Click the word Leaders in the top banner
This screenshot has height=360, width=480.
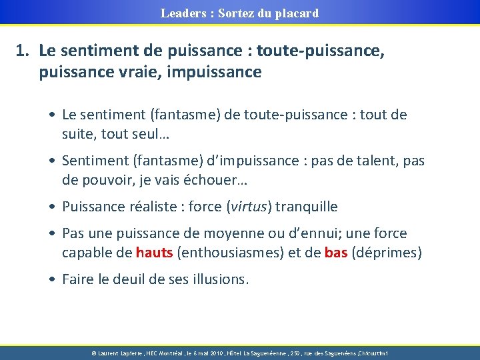[x=182, y=13]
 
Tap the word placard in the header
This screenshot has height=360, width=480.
[x=297, y=13]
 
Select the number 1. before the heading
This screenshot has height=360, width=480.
[x=24, y=49]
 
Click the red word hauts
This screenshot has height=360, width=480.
[x=155, y=253]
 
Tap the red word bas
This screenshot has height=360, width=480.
[x=336, y=253]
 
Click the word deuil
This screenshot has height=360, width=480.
[x=130, y=279]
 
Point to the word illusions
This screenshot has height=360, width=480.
[x=220, y=279]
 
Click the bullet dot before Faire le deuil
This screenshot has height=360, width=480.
[x=51, y=279]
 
